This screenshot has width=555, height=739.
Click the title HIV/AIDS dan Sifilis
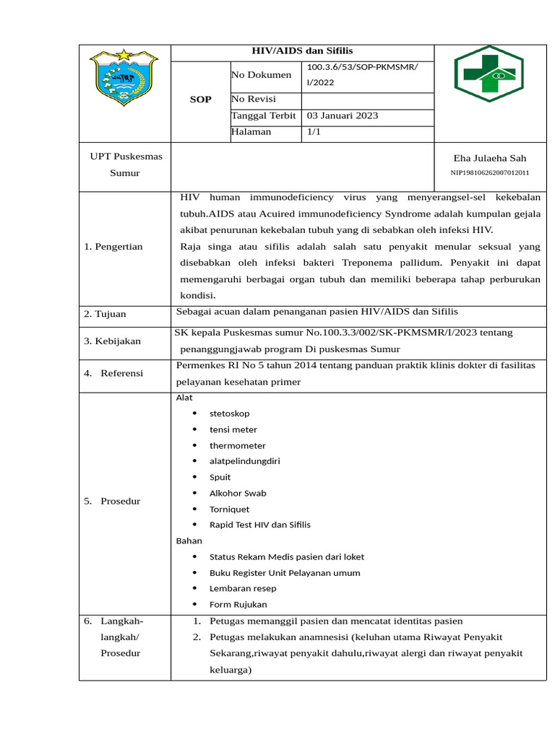coord(302,52)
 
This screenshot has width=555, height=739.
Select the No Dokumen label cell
coord(262,75)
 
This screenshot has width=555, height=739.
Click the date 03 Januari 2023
coord(343,115)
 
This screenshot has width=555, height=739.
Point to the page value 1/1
coord(314,132)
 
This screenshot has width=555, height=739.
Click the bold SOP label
coord(200,100)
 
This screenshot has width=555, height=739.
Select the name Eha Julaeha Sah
coord(489,158)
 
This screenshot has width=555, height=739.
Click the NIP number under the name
coord(490,173)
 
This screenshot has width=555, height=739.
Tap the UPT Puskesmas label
coord(126,157)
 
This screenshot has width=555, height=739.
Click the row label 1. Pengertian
coord(113,247)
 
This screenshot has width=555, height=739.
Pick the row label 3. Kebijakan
coord(112,341)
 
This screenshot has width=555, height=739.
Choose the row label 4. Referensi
coord(113,373)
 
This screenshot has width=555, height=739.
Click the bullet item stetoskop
coord(229,414)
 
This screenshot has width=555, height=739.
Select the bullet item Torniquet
coord(229,509)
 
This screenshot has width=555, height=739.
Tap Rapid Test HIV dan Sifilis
coord(259,525)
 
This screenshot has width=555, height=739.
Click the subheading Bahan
coord(189,541)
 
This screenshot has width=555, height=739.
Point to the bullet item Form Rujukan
coord(238,604)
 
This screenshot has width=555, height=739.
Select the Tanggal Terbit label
coord(264,115)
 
